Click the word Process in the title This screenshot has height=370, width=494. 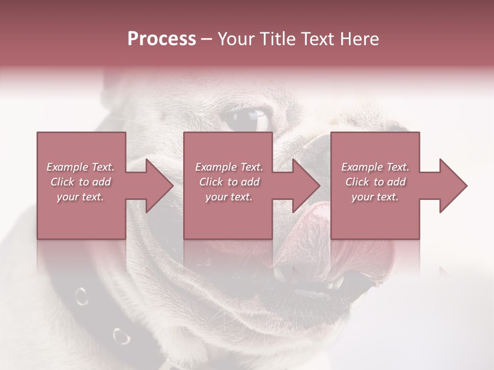click(x=162, y=39)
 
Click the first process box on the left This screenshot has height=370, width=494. click(x=81, y=154)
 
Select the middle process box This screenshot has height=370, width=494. click(x=228, y=154)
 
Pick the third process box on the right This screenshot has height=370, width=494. click(x=375, y=154)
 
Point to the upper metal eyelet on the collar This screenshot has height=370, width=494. click(x=81, y=296)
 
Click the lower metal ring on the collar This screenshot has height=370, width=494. click(x=121, y=336)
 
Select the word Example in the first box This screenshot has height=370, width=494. click(x=67, y=167)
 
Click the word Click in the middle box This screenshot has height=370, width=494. click(x=211, y=182)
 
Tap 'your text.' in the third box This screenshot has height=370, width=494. click(x=375, y=197)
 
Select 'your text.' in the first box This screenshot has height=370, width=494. click(x=80, y=197)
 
